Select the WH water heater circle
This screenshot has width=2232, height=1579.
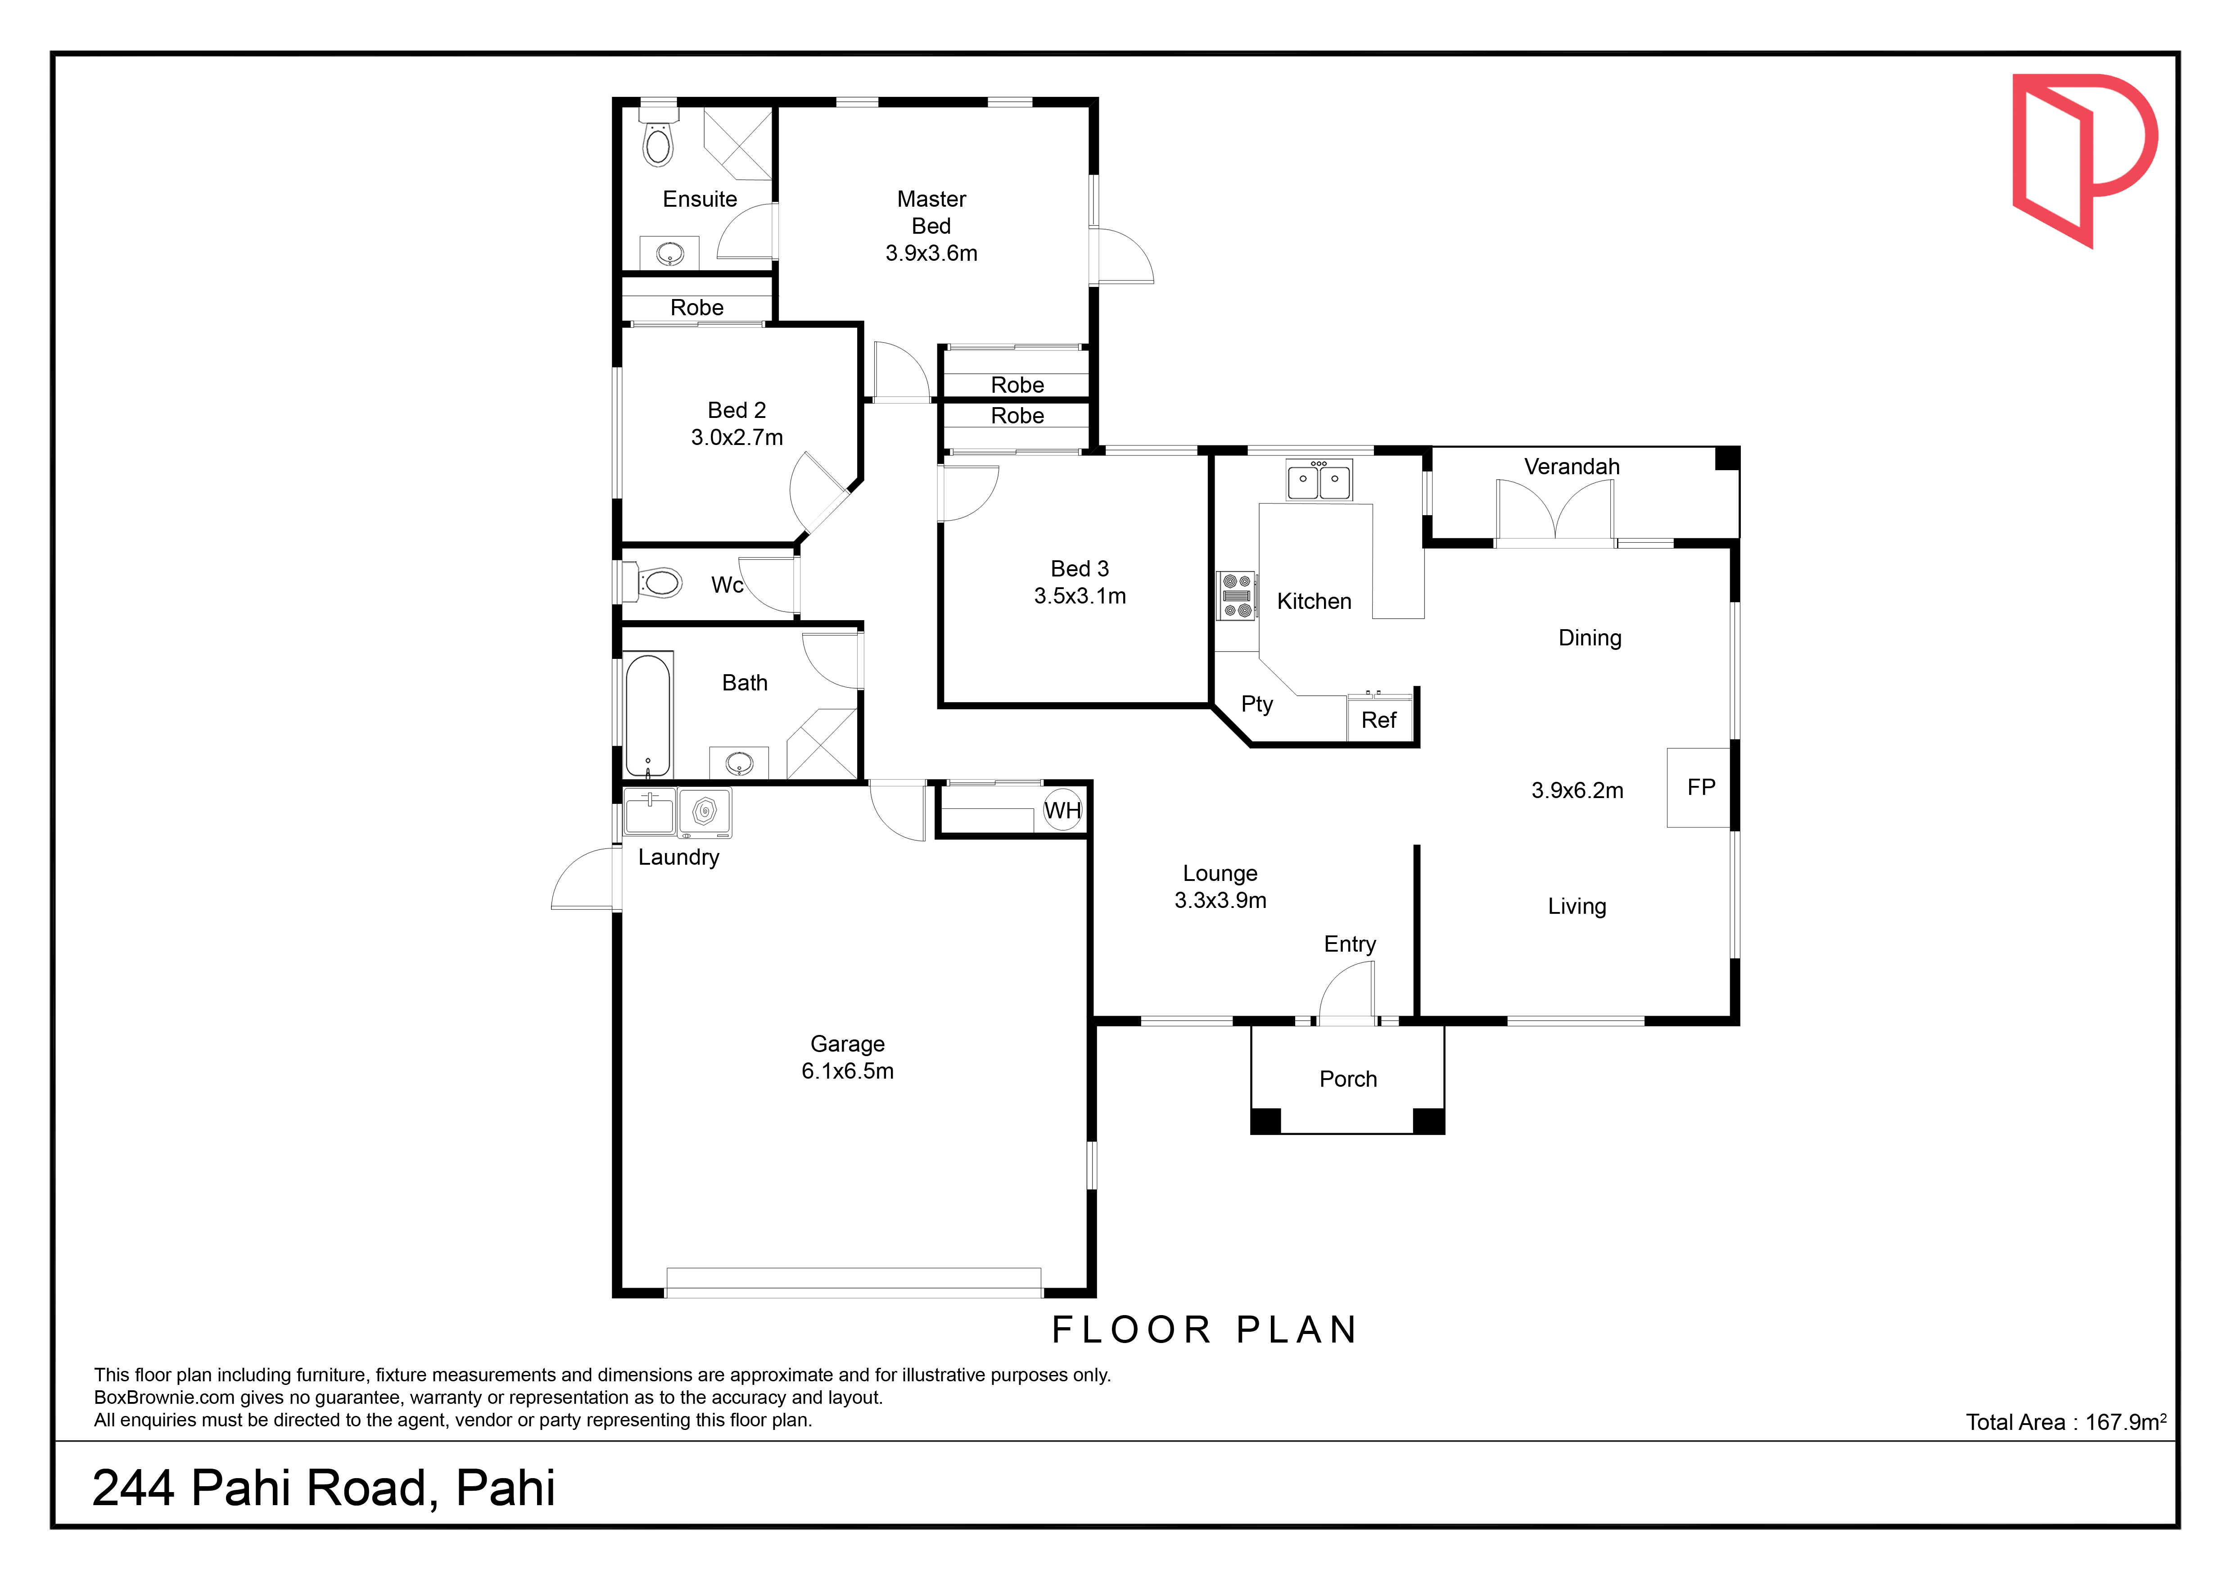pyautogui.click(x=1062, y=810)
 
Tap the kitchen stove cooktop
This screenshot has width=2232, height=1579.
pyautogui.click(x=1237, y=595)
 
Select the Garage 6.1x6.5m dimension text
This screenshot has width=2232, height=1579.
pyautogui.click(x=848, y=1071)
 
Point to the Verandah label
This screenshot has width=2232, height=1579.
pyautogui.click(x=1572, y=467)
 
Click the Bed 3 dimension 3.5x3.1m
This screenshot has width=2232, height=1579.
pyautogui.click(x=1080, y=596)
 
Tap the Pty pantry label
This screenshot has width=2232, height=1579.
pyautogui.click(x=1257, y=704)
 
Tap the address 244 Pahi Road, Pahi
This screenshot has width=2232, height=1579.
pyautogui.click(x=324, y=1488)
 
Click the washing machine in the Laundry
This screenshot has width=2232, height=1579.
pyautogui.click(x=705, y=813)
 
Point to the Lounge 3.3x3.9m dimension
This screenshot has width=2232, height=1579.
pyautogui.click(x=1220, y=900)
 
